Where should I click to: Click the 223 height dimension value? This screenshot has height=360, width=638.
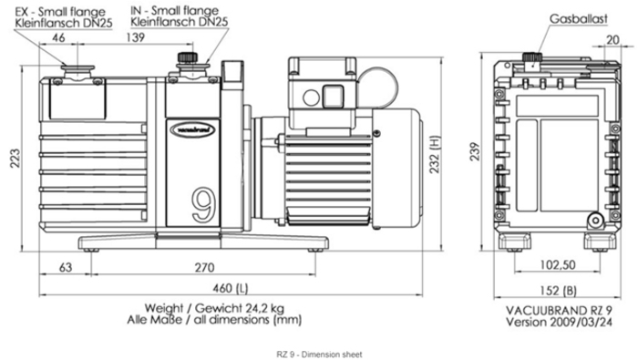(x=15, y=159)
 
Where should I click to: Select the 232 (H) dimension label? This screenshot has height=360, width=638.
(x=435, y=155)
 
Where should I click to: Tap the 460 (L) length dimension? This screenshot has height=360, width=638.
(x=231, y=288)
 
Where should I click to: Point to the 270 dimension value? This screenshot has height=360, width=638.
(x=204, y=268)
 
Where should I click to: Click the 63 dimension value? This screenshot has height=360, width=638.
(x=66, y=267)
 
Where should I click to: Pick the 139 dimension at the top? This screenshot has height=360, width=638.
(x=136, y=37)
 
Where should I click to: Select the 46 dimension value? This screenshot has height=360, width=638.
(x=58, y=37)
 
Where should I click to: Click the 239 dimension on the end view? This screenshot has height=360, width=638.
(x=475, y=151)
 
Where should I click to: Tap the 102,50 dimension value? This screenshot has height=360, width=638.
(x=558, y=265)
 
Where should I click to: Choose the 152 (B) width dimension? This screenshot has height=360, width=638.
(x=558, y=291)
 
